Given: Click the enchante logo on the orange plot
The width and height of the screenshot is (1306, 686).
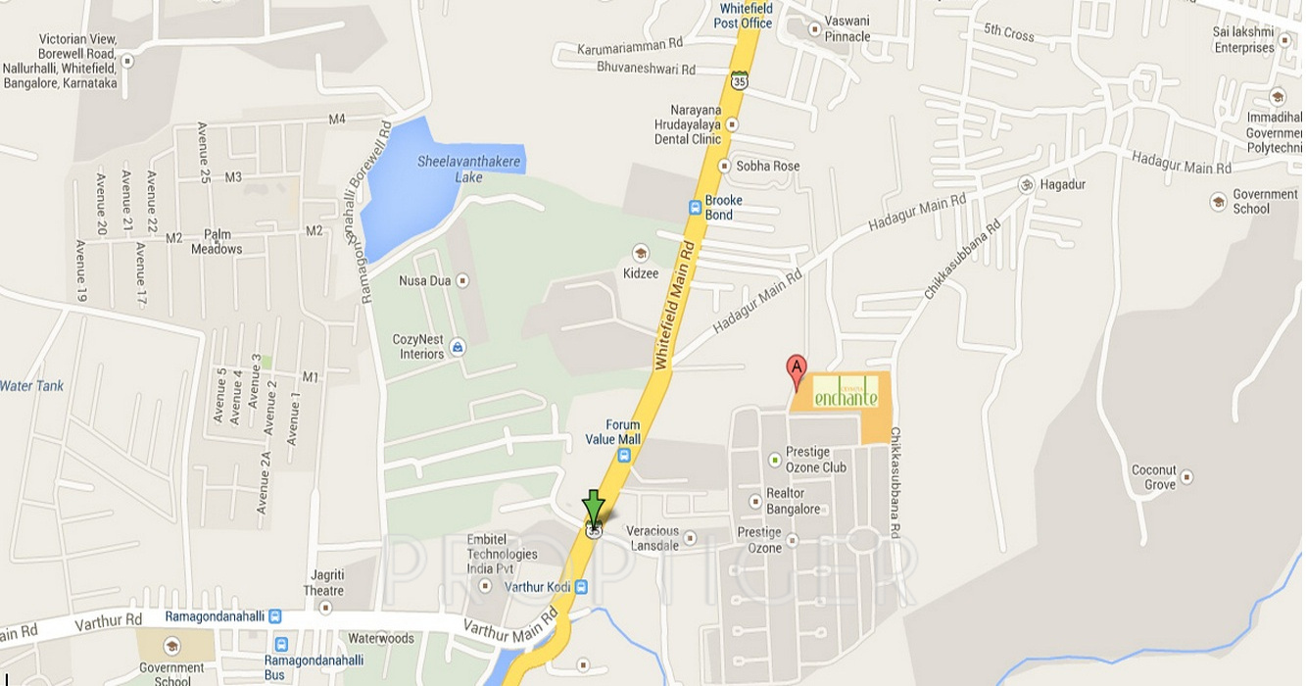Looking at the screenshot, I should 846,392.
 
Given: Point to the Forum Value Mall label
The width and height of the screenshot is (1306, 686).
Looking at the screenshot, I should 612,432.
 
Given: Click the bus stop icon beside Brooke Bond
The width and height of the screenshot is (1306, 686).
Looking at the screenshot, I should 695,207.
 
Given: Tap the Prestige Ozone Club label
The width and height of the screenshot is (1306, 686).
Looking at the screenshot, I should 815,460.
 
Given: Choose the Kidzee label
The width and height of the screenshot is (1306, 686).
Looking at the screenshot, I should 641,273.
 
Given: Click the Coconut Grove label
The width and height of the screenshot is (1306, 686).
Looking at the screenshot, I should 1153,477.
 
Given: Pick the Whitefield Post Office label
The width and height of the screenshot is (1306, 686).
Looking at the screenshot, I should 743,16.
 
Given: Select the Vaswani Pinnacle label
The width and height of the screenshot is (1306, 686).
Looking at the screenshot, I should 847,28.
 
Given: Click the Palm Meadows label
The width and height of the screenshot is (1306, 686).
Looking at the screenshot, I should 217,242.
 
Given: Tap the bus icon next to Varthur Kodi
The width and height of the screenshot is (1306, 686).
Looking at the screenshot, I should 582,587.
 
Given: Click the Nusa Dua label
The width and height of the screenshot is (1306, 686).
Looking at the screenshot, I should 424,281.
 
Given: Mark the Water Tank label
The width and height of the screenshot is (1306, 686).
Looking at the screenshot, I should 31,386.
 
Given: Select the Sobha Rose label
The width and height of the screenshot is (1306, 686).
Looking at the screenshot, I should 767,166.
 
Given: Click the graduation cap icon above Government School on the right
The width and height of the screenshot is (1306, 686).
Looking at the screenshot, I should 1219,202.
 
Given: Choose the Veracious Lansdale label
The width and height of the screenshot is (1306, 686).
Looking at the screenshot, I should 653,538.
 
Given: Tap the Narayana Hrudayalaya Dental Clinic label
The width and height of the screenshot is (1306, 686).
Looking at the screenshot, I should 688,124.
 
